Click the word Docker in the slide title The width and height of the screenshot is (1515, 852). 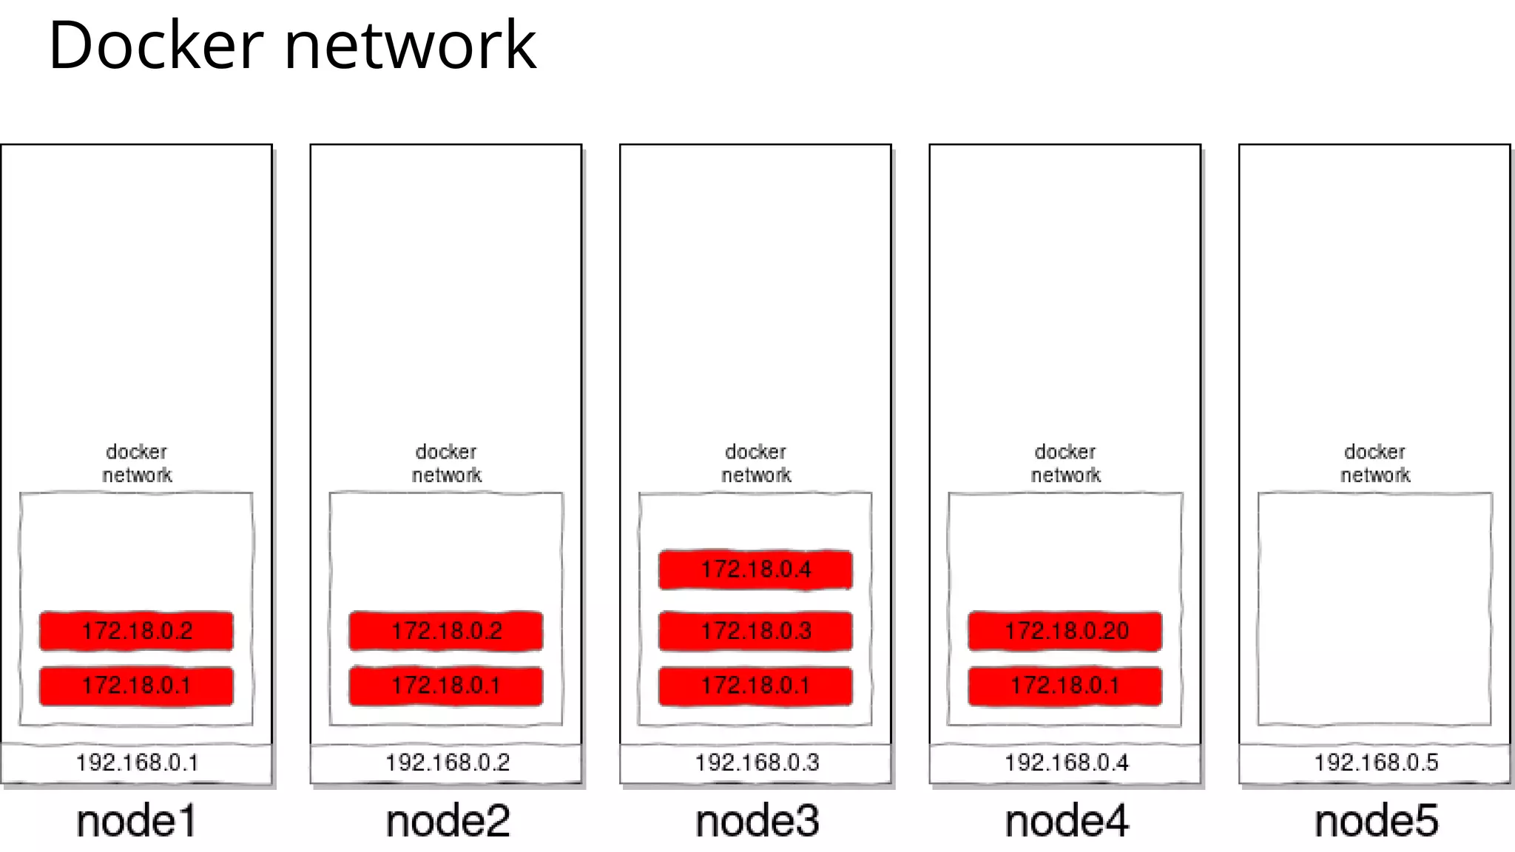tap(155, 46)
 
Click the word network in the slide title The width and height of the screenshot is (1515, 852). tap(410, 46)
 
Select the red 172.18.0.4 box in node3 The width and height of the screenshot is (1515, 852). tap(755, 569)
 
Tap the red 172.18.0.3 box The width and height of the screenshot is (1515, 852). tap(755, 631)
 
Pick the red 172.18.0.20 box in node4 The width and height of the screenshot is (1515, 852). tap(1065, 631)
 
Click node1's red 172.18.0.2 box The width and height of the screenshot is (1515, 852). tap(137, 631)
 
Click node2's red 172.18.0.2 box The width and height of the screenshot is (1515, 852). tap(446, 631)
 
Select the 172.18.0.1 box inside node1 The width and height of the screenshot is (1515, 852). tap(137, 686)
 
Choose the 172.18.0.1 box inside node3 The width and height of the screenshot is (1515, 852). tap(755, 686)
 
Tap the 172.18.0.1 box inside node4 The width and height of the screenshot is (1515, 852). tap(1065, 686)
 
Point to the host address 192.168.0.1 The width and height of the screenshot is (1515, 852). tap(137, 763)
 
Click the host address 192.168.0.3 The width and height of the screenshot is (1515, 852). tap(756, 763)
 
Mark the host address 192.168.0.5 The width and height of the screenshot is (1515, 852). tap(1375, 763)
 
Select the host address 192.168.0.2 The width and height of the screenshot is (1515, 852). tap(447, 763)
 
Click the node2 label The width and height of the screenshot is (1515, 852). tap(448, 821)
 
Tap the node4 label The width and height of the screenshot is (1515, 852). tap(1066, 821)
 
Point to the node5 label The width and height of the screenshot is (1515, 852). tap(1375, 821)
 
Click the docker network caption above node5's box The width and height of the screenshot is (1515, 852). tap(1375, 463)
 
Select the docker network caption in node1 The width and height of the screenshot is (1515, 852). tap(137, 463)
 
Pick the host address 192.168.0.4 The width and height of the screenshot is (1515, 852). tap(1066, 763)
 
